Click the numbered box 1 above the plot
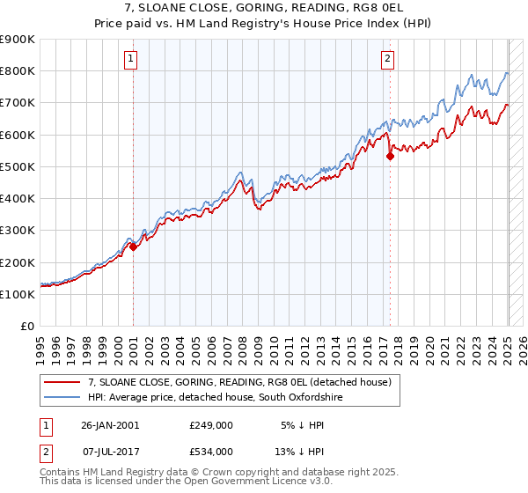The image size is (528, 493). (x=130, y=59)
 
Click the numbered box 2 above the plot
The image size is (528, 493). (x=387, y=59)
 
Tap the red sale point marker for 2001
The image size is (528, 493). (x=133, y=247)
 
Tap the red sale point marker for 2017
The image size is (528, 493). (x=390, y=157)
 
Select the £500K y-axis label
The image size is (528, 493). (x=18, y=167)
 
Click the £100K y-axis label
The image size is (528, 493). (x=18, y=295)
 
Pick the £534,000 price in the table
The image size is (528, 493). (x=210, y=451)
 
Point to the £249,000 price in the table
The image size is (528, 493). (x=210, y=424)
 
